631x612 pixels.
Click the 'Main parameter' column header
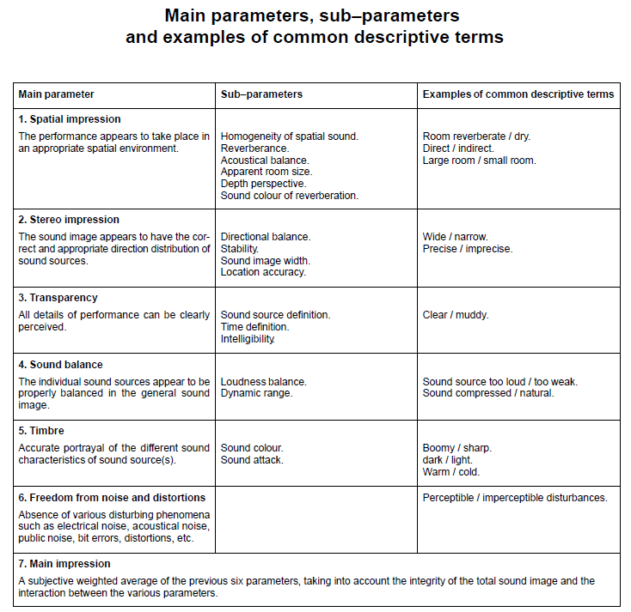tap(56, 94)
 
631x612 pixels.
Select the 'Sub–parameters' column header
tap(261, 94)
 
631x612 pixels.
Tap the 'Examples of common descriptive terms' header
tap(518, 94)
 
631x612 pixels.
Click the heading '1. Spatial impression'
tap(70, 119)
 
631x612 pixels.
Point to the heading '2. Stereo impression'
tap(69, 220)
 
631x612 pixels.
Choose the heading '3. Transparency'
tap(58, 298)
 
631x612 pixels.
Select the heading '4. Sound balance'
tap(61, 365)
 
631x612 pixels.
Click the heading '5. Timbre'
tap(41, 431)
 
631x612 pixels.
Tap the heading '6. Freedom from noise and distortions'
tap(112, 498)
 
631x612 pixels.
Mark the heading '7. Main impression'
tap(64, 564)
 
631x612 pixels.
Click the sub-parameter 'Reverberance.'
tap(254, 148)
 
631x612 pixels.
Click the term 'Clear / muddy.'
tap(456, 315)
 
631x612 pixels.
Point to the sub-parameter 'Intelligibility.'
tap(248, 339)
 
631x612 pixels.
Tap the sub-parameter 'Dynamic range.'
tap(256, 393)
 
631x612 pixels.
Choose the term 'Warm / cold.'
tap(451, 471)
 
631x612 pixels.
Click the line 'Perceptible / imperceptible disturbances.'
tap(515, 498)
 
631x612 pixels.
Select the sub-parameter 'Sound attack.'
tap(252, 460)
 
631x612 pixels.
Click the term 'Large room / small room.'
tap(479, 161)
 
